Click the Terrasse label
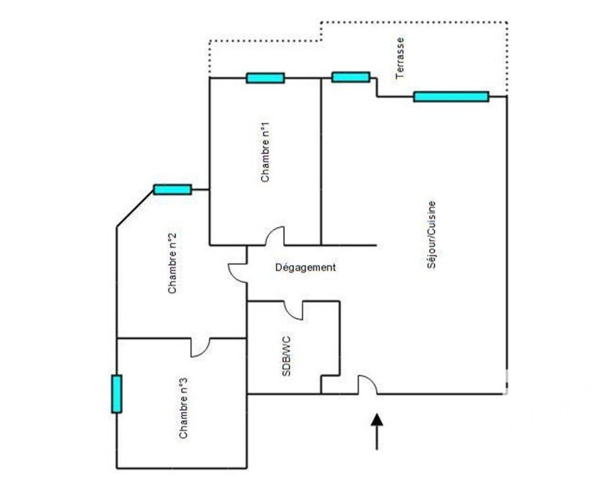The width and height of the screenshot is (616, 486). coord(400,58)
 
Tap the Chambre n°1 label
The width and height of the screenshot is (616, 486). coord(265,152)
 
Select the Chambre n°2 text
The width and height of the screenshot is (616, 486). coord(172,263)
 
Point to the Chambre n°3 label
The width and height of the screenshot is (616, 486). coord(183,408)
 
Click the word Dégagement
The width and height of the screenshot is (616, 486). coord(305,267)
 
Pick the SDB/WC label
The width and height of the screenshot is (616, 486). coord(287,356)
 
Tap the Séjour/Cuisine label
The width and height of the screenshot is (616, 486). coord(431,234)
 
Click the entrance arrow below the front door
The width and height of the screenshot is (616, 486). coord(377,432)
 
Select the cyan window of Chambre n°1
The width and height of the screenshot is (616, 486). coord(265,78)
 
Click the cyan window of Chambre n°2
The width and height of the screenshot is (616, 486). coord(173,189)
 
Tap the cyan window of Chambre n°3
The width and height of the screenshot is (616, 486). coord(117,394)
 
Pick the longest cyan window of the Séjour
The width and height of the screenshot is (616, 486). coord(451,96)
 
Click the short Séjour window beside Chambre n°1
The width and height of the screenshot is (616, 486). coord(351,77)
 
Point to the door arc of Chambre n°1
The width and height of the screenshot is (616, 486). coord(274,236)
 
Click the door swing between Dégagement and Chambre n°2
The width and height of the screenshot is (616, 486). coord(238,273)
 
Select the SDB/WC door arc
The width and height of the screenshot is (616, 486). coord(293,310)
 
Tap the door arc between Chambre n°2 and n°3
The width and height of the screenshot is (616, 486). coord(201,347)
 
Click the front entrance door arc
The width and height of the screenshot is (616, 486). coord(367,384)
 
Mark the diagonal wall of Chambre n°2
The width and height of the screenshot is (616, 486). coord(135,208)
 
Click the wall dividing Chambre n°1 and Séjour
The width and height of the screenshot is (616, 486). coord(321,161)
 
